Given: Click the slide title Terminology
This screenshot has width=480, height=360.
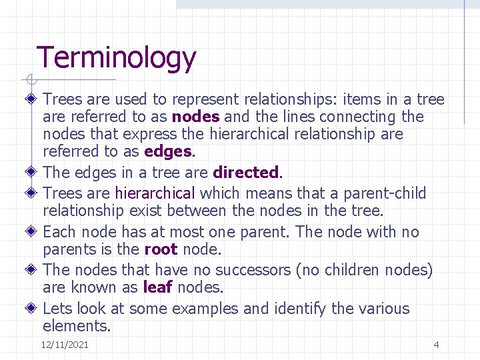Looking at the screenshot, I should (x=116, y=59).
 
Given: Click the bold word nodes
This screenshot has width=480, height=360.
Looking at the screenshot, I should (x=196, y=117).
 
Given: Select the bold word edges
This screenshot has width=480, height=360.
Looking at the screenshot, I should (x=167, y=152).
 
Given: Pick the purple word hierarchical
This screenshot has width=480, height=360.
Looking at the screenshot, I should (x=155, y=194).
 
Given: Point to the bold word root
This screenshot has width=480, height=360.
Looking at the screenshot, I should (x=161, y=250).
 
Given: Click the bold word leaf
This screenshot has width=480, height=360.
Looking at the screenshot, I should (x=158, y=288).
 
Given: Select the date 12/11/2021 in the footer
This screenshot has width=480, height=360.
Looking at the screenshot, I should (x=65, y=345).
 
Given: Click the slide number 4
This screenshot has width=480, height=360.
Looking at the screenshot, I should (x=436, y=345).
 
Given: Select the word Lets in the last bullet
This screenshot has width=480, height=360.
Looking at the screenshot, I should (x=57, y=309).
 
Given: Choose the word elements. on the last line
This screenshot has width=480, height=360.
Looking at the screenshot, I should (x=77, y=327).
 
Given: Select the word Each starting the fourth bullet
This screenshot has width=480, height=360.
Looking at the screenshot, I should (x=59, y=233).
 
